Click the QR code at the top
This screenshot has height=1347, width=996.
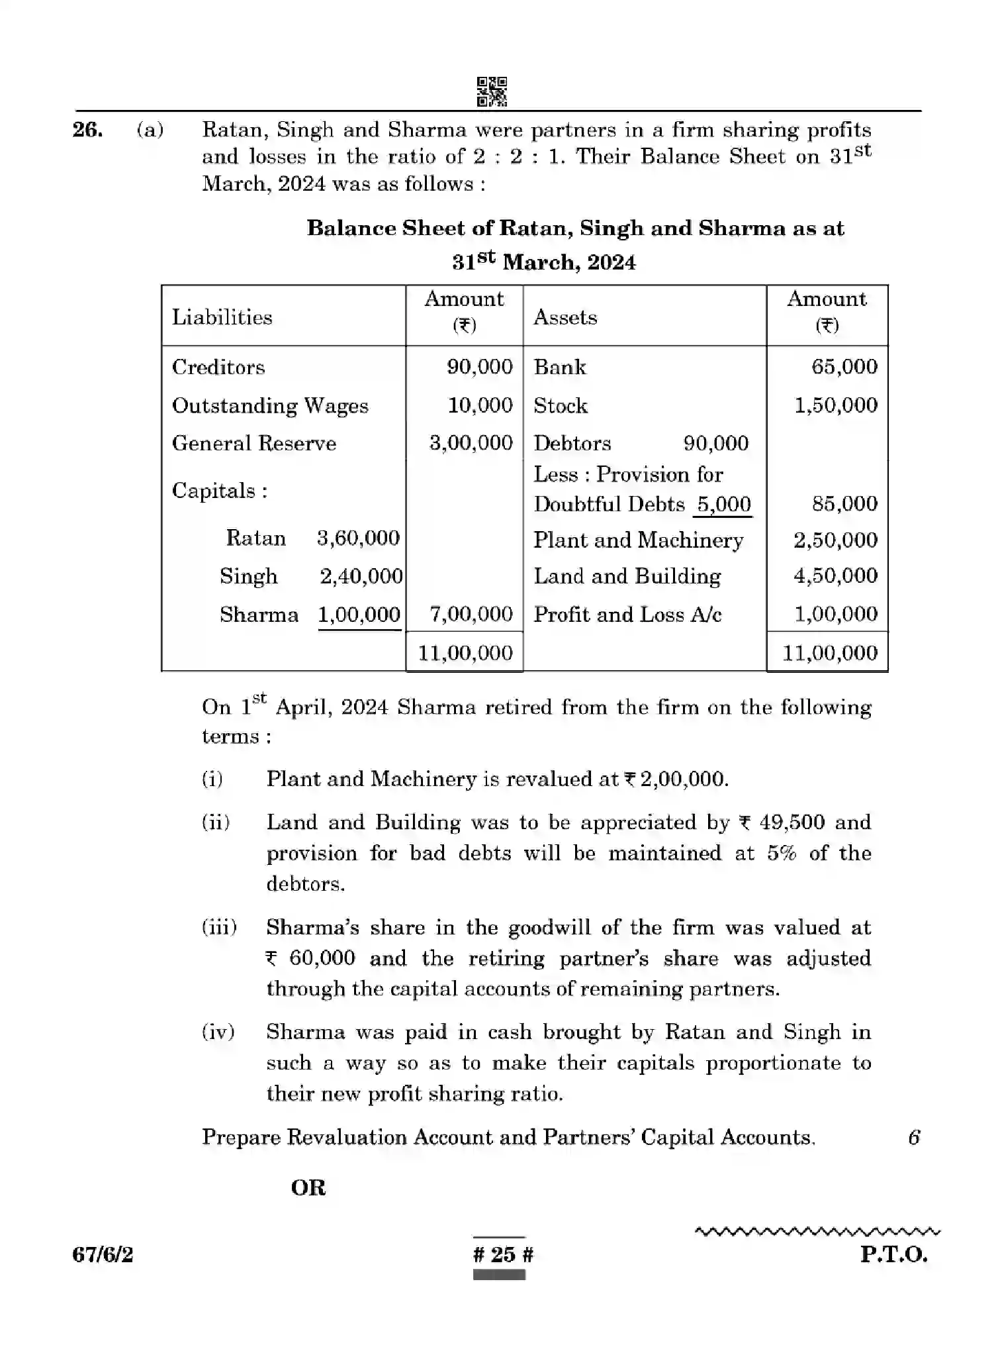click(x=492, y=91)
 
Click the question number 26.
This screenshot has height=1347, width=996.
click(x=87, y=130)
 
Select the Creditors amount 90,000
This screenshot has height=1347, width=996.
click(x=480, y=367)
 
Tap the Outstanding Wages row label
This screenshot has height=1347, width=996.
click(x=270, y=406)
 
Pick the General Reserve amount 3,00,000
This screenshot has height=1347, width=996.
click(x=471, y=443)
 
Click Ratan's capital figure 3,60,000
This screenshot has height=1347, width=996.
click(x=358, y=538)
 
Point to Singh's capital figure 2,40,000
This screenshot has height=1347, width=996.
click(x=361, y=576)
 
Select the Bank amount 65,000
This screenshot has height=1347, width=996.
click(x=844, y=367)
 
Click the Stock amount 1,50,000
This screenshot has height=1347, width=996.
click(x=836, y=405)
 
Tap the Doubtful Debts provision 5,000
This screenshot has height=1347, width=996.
click(x=724, y=505)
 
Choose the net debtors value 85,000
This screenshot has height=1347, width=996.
click(x=844, y=504)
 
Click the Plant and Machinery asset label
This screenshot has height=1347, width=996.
click(x=639, y=540)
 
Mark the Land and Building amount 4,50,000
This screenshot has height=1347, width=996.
click(x=836, y=576)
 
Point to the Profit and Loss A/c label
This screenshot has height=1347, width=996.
click(x=627, y=615)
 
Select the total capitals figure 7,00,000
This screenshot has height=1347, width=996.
click(x=471, y=615)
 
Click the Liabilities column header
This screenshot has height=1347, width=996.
click(x=222, y=317)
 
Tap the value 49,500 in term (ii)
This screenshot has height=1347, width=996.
click(x=792, y=823)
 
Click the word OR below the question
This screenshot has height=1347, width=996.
click(x=308, y=1188)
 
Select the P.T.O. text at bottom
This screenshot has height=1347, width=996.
click(x=893, y=1254)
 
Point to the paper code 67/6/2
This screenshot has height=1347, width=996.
click(x=103, y=1254)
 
